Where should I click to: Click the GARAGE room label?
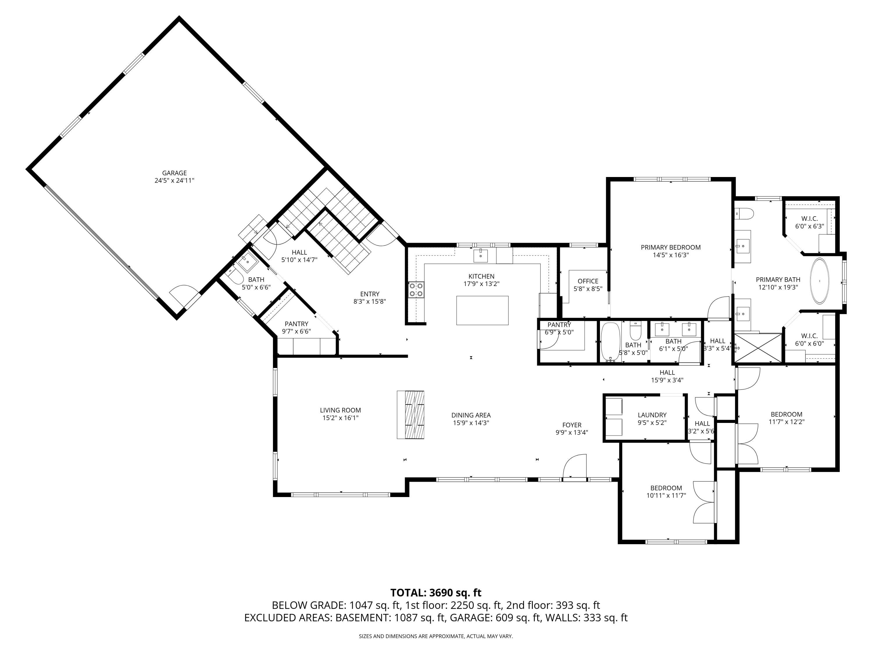click(x=174, y=173)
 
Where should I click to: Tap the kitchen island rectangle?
click(x=482, y=311)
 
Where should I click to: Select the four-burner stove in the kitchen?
click(x=416, y=290)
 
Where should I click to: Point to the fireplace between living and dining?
click(x=410, y=415)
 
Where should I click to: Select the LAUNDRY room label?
click(x=652, y=415)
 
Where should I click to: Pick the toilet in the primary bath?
click(x=745, y=214)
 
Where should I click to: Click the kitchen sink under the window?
click(x=480, y=255)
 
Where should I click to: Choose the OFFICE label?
click(x=588, y=281)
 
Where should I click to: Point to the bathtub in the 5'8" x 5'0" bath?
click(x=610, y=342)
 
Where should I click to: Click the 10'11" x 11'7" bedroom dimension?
click(x=666, y=496)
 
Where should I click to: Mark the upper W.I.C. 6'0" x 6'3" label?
click(x=809, y=219)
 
